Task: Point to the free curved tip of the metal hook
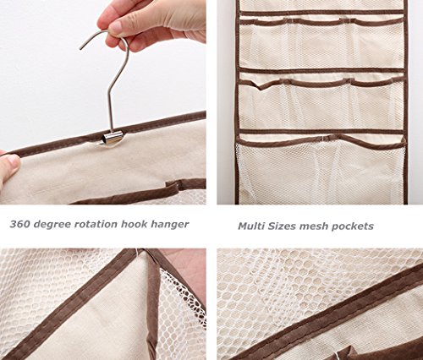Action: pos(80,48)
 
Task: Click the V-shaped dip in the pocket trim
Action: pos(261,88)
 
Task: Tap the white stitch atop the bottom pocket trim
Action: pos(322,138)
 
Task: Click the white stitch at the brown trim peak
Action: pos(139,252)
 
